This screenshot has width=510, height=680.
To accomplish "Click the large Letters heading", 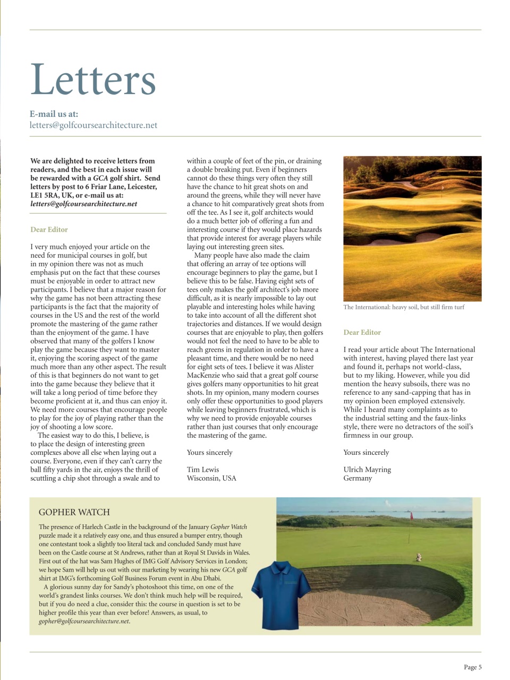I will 93,80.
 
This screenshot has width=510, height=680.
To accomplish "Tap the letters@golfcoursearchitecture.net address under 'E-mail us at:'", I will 93,125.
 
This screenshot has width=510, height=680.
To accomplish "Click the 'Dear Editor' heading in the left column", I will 49,229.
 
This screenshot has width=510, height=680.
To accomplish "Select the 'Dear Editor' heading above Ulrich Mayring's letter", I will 362,333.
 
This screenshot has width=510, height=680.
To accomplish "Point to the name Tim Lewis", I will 202,470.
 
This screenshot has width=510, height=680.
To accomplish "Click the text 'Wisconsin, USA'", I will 211,478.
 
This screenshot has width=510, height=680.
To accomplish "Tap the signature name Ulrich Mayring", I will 367,470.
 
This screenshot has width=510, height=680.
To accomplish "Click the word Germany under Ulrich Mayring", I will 358,478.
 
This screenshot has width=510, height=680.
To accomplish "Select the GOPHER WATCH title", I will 74,512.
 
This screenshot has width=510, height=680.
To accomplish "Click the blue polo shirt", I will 281,598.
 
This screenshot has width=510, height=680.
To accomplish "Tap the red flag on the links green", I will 410,515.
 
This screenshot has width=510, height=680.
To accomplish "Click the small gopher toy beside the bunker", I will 419,557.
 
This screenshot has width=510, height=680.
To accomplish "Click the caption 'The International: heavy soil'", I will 403,307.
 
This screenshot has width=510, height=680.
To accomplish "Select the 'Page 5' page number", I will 472,667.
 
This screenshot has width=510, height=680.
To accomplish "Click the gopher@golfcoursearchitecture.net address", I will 83,621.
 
